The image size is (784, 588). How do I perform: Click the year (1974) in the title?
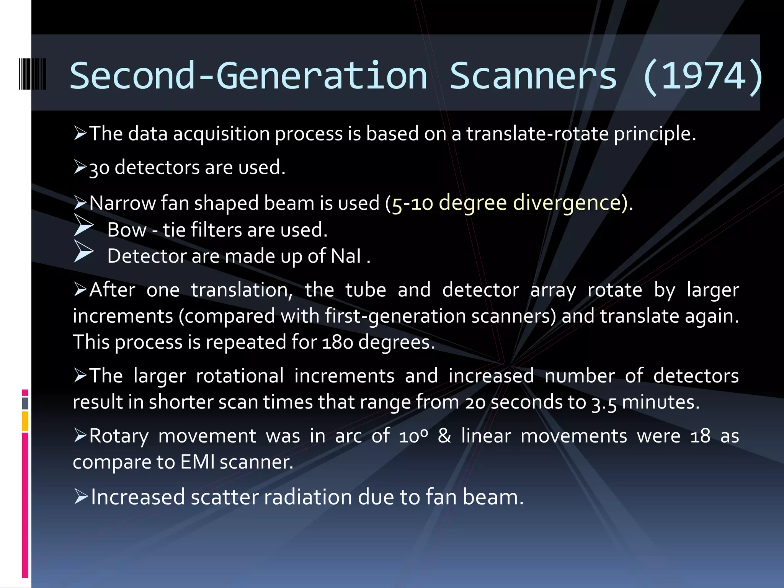[703, 77]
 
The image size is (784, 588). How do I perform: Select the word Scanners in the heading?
[533, 77]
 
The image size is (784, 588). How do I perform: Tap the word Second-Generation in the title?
[248, 77]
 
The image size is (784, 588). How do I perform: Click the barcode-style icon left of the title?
[33, 74]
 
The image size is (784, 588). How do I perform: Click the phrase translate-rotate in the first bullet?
[537, 134]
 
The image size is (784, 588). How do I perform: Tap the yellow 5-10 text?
[412, 203]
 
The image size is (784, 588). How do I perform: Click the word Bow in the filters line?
[126, 230]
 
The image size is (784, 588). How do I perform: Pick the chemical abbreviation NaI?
[346, 256]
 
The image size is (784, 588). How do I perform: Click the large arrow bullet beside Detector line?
[83, 252]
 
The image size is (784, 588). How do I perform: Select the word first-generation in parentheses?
[395, 317]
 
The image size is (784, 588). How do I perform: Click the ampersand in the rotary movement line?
[444, 436]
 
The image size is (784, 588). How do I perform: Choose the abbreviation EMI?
[197, 462]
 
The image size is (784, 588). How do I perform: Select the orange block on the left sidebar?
[25, 421]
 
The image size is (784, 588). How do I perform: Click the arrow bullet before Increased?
[81, 497]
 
